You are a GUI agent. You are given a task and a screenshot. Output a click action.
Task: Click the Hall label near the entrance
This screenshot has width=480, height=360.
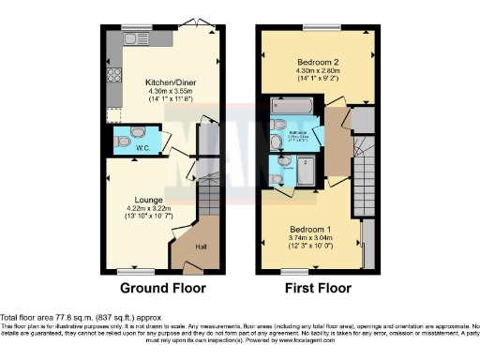[201, 247]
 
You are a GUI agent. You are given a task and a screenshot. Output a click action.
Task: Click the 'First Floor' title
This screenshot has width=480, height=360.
[320, 287]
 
